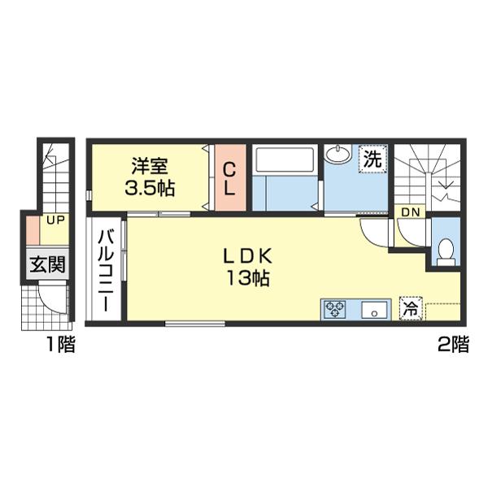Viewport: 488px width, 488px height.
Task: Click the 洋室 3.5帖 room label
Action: coord(150,177)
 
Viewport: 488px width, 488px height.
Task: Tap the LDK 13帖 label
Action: coord(248,267)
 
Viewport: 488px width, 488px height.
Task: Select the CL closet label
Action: coord(229,180)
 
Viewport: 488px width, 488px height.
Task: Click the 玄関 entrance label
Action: coord(48,264)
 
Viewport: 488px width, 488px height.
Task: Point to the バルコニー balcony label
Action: coord(106,271)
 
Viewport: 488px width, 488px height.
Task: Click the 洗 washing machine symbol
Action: coord(373,159)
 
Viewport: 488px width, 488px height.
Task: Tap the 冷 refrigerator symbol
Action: coord(411,308)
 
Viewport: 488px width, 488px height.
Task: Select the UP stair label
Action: coord(55,220)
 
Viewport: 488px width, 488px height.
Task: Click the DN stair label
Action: coord(411,212)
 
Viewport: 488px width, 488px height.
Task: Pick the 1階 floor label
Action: coord(61,344)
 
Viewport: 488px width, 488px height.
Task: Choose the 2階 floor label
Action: coord(453,344)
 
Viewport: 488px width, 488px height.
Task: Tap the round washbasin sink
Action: coord(338,154)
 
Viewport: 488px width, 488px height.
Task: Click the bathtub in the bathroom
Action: coord(284,159)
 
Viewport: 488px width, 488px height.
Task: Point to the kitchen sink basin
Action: coord(374,310)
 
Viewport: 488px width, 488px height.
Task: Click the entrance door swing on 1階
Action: coord(53,297)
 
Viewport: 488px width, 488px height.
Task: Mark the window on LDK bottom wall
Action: coord(195,324)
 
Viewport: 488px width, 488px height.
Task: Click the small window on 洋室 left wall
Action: coord(89,195)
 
